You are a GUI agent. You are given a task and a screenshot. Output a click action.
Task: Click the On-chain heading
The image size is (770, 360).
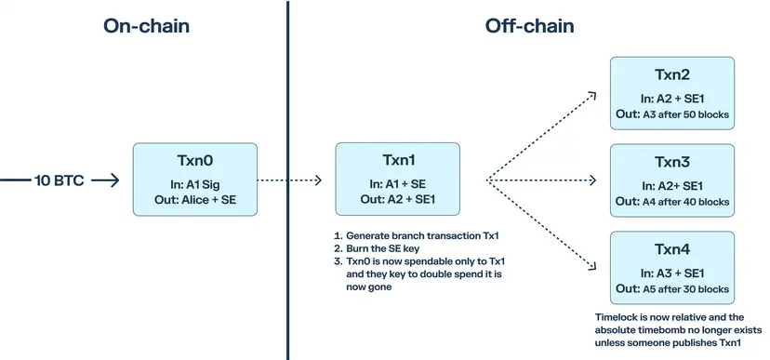[x=146, y=26]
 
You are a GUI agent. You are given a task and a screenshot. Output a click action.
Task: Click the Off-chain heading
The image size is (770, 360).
[x=529, y=26]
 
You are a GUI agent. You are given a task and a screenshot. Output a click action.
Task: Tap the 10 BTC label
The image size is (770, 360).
[x=60, y=180]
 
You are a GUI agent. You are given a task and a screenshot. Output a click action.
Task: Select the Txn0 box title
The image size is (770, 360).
[x=195, y=161]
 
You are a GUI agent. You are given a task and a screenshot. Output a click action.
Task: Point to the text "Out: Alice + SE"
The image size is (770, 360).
[x=195, y=200]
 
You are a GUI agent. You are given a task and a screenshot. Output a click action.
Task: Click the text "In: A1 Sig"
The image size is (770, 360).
[x=195, y=185]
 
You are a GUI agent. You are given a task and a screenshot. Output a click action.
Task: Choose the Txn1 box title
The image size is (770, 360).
[x=398, y=161]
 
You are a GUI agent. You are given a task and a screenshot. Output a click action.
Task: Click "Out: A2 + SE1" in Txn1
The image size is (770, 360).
[x=398, y=199]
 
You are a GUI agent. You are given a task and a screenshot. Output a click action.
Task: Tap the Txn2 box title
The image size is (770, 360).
[x=672, y=74]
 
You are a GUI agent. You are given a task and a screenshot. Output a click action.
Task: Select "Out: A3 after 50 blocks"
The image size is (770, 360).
[x=672, y=114]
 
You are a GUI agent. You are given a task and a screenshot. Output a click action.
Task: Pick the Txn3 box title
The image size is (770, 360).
[x=672, y=162]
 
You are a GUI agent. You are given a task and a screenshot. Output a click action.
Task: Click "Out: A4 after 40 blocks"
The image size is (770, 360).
[x=672, y=202]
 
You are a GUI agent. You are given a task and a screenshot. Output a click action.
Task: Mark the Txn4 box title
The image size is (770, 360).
[x=672, y=249]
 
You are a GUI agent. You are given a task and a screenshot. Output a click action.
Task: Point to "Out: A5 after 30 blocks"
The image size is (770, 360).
[x=672, y=288]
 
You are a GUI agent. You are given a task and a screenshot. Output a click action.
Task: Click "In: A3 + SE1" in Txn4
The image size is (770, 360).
[x=672, y=273]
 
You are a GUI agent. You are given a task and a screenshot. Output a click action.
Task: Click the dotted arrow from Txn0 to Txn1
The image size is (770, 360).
[x=289, y=180]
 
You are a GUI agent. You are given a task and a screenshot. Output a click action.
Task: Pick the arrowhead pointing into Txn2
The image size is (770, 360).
[x=592, y=95]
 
